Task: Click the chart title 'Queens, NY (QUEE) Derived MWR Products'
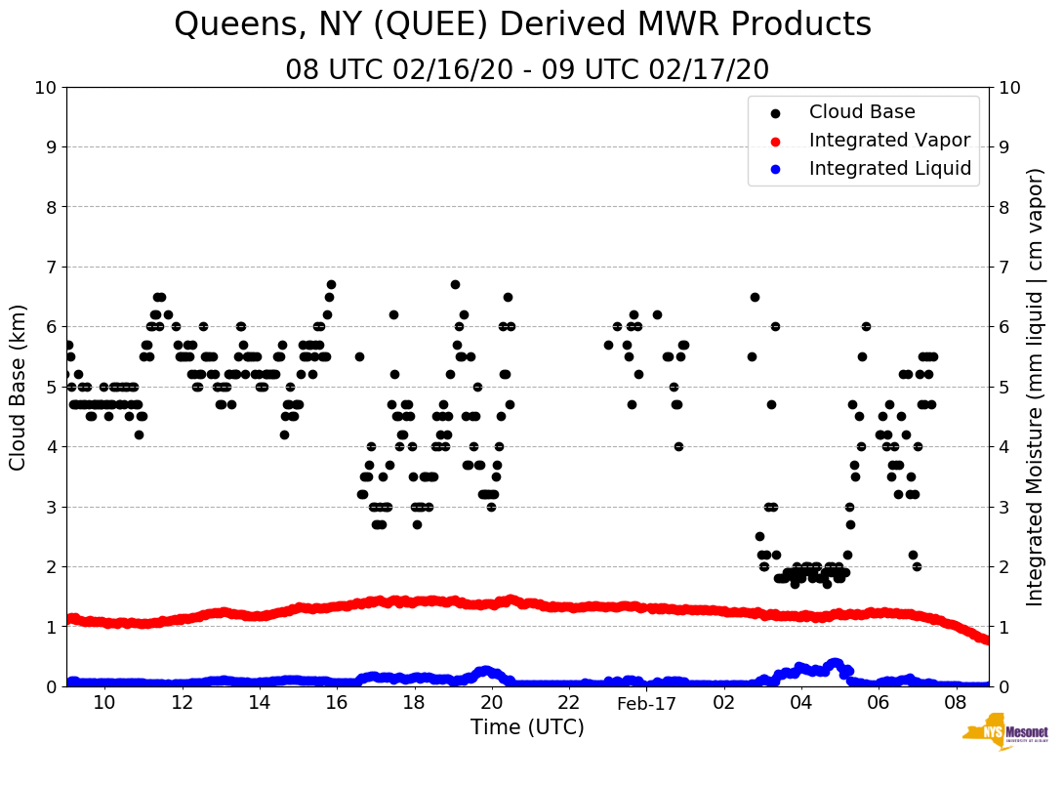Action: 522,25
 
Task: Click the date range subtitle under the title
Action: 527,70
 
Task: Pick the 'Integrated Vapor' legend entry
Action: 889,141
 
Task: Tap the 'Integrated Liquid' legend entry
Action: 889,169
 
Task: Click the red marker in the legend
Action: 776,141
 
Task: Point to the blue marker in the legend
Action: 776,169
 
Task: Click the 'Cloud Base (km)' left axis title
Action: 19,387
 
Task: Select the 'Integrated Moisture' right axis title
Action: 1036,387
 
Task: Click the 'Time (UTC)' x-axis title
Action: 527,727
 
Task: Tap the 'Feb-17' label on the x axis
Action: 646,703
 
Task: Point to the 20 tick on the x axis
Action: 491,703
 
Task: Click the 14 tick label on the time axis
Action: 259,703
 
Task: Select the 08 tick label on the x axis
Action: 957,703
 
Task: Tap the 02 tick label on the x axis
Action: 724,703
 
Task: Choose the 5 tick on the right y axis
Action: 1002,387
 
